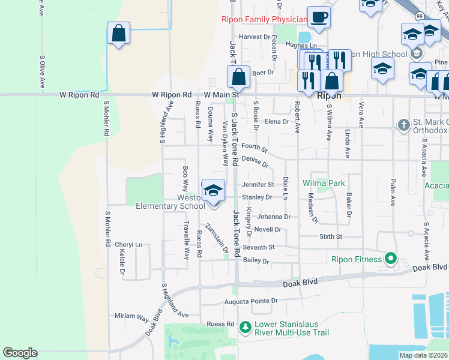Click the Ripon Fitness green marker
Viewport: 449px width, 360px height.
point(391,259)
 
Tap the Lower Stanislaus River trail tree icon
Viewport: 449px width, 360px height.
point(245,327)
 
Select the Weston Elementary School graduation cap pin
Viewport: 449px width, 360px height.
point(213,191)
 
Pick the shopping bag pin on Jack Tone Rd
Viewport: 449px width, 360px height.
point(239,77)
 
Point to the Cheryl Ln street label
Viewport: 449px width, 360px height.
point(128,245)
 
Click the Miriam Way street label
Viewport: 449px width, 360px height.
point(131,316)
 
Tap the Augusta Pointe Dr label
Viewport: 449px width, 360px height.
point(251,301)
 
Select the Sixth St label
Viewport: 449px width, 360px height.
point(330,237)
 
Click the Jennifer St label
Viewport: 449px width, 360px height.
point(258,185)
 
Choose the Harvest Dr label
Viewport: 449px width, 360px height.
point(255,37)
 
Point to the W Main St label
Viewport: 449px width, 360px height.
point(221,95)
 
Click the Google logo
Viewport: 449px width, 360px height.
point(20,353)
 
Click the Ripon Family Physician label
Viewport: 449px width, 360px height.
point(264,19)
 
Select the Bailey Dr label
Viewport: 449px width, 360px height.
point(257,261)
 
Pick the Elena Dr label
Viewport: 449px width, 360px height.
point(277,122)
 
